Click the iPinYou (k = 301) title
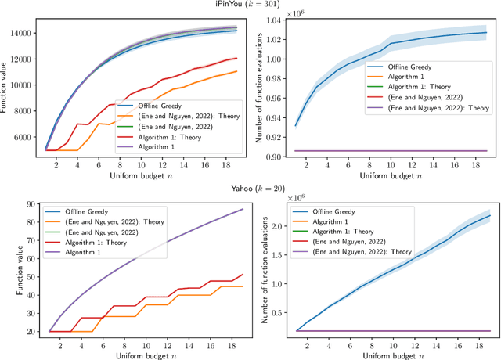[x=250, y=5]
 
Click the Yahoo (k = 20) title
[x=250, y=188]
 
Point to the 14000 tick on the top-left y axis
[x=19, y=33]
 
